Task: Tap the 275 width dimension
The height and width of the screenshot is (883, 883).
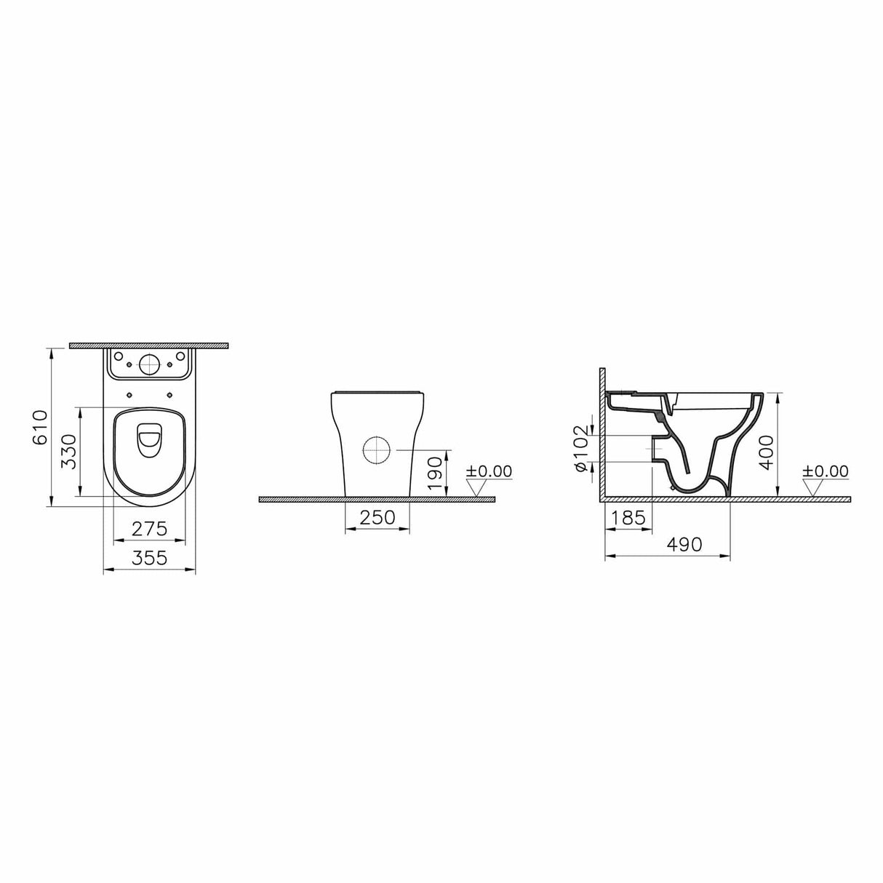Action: [x=151, y=529]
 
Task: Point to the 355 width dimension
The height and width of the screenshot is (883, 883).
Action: [x=150, y=559]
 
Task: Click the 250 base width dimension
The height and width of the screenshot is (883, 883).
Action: [x=377, y=517]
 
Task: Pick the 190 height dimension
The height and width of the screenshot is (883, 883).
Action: [x=435, y=474]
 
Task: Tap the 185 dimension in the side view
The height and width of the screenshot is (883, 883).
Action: [x=629, y=518]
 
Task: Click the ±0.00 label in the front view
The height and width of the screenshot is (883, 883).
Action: [x=489, y=471]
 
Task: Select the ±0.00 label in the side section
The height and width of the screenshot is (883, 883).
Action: [x=826, y=471]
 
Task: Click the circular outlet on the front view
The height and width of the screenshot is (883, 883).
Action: [x=377, y=450]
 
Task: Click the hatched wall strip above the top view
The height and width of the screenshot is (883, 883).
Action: [x=149, y=345]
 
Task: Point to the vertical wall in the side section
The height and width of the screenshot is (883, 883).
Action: [x=602, y=433]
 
